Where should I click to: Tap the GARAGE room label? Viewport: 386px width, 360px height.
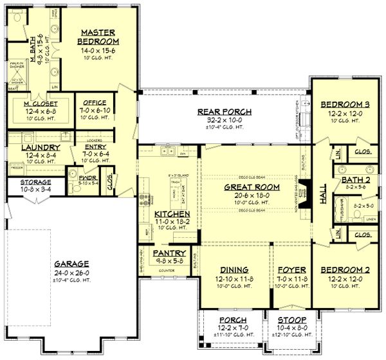coord(71,264)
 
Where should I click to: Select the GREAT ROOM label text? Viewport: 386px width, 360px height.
coord(242,187)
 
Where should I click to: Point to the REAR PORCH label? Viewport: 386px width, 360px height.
coord(225,112)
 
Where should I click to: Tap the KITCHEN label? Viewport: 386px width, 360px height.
coord(171,213)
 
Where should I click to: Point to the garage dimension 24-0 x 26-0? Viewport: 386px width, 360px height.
coord(71,273)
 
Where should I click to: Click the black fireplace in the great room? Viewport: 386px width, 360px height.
coord(307,191)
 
